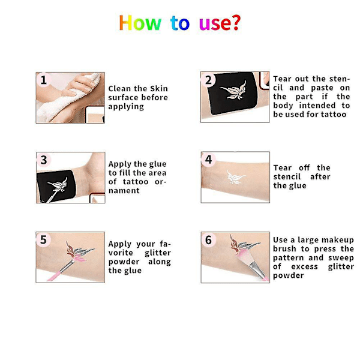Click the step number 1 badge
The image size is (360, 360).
click(x=43, y=80)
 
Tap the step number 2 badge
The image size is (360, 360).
click(x=208, y=80)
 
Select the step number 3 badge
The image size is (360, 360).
click(x=44, y=160)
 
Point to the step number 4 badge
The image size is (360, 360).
click(x=208, y=160)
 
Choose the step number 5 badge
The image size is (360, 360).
click(x=43, y=239)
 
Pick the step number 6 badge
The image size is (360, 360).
click(x=208, y=240)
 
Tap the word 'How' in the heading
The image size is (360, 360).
click(x=140, y=23)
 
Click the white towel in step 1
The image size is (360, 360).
click(x=69, y=101)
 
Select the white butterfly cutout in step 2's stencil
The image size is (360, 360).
click(x=233, y=91)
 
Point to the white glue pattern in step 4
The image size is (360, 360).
click(x=235, y=177)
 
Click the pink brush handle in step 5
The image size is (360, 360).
click(x=55, y=275)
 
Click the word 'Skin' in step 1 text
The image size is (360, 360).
click(x=159, y=89)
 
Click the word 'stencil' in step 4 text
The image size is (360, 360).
click(x=287, y=177)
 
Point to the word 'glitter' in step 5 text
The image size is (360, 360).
click(x=158, y=253)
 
